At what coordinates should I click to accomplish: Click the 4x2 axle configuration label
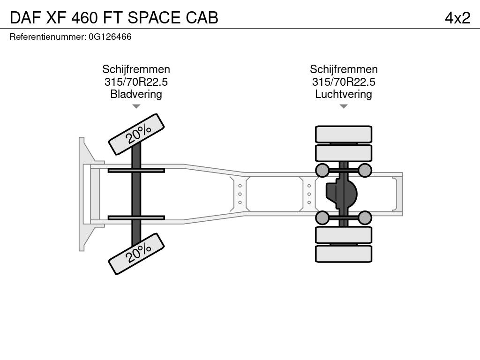(457, 18)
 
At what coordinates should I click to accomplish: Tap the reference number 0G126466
(110, 37)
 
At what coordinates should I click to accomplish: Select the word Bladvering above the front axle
(136, 94)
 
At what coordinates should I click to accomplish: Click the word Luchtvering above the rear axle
(344, 94)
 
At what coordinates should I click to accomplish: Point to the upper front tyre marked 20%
(136, 134)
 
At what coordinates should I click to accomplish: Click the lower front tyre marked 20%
(136, 254)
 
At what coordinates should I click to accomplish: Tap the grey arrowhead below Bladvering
(136, 106)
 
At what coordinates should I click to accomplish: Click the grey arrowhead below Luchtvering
(344, 106)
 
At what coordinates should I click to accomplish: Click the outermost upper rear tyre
(344, 134)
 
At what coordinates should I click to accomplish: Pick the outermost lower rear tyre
(344, 254)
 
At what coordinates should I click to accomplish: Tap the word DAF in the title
(26, 18)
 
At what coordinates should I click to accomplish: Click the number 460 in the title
(84, 18)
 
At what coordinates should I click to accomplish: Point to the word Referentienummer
(47, 37)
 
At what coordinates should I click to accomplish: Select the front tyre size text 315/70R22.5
(136, 82)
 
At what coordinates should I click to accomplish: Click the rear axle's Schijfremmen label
(344, 69)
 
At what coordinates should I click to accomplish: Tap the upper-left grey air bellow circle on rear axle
(322, 170)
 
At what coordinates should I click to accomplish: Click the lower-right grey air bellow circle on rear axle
(365, 217)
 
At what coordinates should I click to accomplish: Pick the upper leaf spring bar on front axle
(136, 170)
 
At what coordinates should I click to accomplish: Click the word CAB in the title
(202, 18)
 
